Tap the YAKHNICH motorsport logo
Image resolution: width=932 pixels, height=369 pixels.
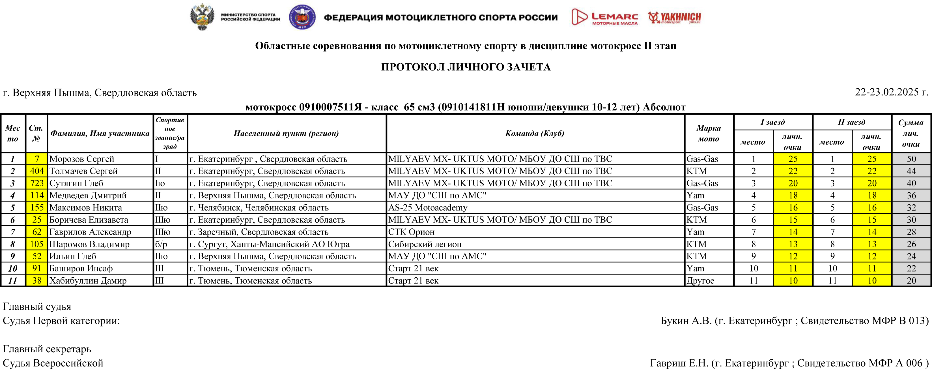(x=674, y=17)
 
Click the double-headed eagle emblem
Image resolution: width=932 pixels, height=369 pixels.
(x=202, y=17)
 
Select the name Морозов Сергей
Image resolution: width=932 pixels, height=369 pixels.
(x=82, y=159)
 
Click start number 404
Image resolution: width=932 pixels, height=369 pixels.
(x=36, y=171)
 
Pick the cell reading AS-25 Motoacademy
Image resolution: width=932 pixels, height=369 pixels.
(x=428, y=207)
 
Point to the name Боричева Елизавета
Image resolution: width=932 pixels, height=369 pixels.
(x=89, y=220)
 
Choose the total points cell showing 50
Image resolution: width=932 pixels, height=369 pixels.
(x=911, y=159)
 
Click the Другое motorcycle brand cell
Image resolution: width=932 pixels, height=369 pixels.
(x=700, y=281)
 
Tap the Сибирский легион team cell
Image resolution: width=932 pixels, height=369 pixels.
(x=425, y=244)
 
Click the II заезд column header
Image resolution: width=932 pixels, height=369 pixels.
(x=851, y=122)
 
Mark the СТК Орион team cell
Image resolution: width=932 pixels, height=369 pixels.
(x=411, y=232)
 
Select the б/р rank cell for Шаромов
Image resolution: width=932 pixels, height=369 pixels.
(x=161, y=244)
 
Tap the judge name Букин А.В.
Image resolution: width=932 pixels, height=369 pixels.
(x=686, y=321)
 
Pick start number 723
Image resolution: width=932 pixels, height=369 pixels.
(x=36, y=183)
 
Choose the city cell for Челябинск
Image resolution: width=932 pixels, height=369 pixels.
(x=259, y=207)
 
